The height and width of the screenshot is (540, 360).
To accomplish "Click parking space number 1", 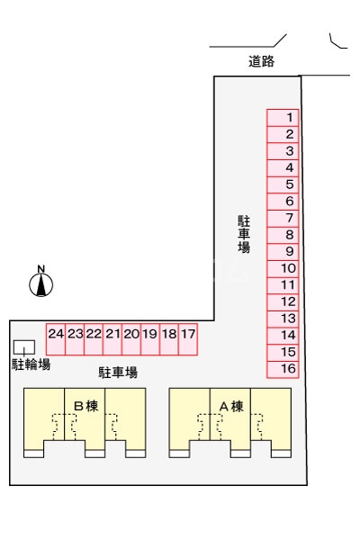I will coord(283,117).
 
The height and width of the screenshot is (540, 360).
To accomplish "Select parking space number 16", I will coord(283,369).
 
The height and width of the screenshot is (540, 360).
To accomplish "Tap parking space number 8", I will coord(283,235).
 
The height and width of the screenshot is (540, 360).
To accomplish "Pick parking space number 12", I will coord(283,302).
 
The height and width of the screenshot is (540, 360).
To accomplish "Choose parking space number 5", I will coord(283,184).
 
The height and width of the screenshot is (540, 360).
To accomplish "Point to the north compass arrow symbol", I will coord(41,285).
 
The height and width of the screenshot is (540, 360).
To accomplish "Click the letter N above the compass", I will coord(41,268).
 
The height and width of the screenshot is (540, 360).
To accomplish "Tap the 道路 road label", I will coord(261,62).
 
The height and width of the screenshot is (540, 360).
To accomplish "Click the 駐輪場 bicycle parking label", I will coord(31,364).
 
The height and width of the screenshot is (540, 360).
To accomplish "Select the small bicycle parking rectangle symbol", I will coord(24,346).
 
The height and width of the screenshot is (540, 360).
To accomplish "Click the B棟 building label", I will coord(85,406).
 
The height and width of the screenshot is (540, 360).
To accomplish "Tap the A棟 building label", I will coord(231,406).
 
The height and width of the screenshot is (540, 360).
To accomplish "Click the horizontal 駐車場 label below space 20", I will coord(118,371).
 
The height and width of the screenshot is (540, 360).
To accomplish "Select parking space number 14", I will coord(283,336).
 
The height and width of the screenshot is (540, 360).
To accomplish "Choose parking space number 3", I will coord(283,150).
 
